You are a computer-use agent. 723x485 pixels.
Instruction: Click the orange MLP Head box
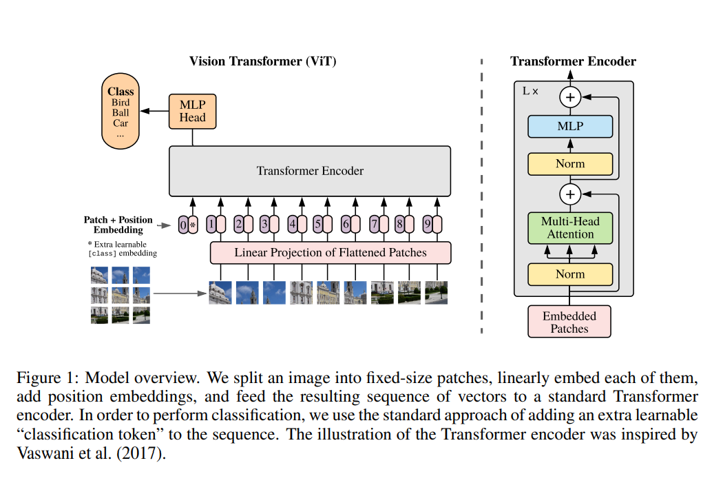192,111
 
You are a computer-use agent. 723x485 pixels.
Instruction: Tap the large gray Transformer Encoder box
310,171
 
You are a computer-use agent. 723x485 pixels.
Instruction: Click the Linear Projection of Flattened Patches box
331,253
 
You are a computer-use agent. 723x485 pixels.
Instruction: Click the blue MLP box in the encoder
570,126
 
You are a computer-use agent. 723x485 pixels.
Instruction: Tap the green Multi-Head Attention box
570,228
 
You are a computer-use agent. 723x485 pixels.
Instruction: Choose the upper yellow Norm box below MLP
570,164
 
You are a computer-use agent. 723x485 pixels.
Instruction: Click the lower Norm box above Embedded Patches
570,274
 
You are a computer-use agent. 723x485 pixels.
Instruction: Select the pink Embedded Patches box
569,322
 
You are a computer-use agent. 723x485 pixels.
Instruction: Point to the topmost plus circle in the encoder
569,97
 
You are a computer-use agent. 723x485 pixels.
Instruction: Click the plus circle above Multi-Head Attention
569,194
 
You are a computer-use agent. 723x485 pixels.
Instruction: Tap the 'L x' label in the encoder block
530,91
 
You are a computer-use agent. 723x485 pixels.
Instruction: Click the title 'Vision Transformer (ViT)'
263,61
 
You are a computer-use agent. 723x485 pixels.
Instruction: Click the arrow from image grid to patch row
180,294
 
